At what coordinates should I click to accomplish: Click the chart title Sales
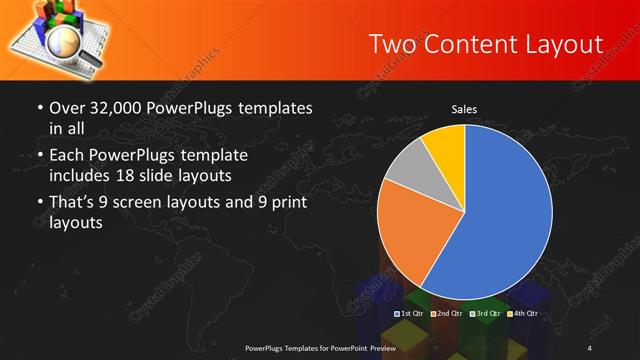pyautogui.click(x=464, y=108)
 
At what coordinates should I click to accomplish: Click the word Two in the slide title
pyautogui.click(x=389, y=44)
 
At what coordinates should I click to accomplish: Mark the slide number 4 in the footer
pyautogui.click(x=591, y=347)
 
